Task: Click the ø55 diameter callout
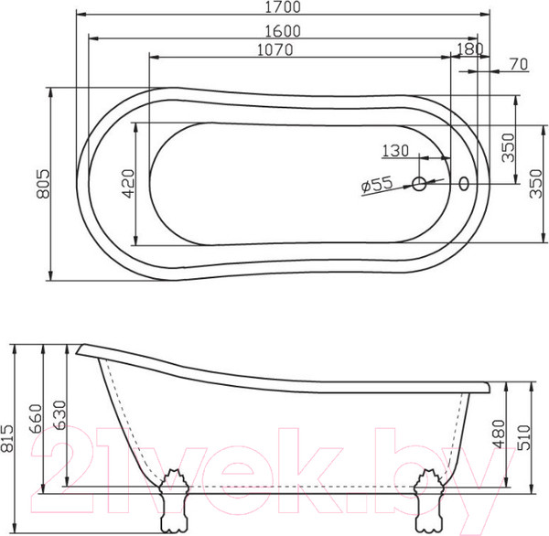point(377,184)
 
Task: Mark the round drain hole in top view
point(420,184)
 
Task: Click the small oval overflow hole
point(464,184)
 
